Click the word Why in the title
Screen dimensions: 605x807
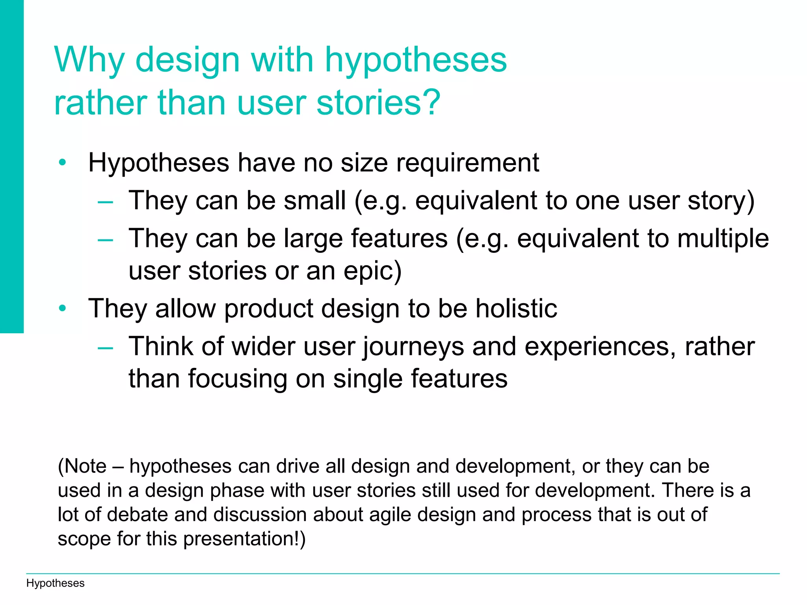(89, 60)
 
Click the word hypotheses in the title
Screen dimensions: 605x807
(416, 60)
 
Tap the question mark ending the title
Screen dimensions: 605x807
(431, 102)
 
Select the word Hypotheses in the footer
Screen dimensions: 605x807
(55, 583)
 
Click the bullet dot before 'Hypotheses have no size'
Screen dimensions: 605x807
(62, 162)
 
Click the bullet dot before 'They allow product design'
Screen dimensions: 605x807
(62, 308)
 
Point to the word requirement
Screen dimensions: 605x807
(467, 163)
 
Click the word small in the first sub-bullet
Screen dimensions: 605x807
(315, 200)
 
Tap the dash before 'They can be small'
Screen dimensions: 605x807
(106, 202)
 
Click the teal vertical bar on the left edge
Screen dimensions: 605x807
(12, 165)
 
